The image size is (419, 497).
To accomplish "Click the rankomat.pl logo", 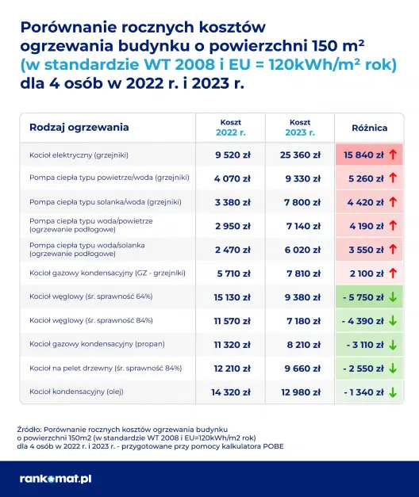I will pyautogui.click(x=56, y=478).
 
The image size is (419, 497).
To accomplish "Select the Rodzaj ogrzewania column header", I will pyautogui.click(x=79, y=127).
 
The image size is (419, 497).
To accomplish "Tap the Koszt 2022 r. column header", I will pyautogui.click(x=231, y=127).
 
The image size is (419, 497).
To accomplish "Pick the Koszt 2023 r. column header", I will pyautogui.click(x=300, y=127).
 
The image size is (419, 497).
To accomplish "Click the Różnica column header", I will pyautogui.click(x=370, y=127).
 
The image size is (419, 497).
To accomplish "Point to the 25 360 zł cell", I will pyautogui.click(x=301, y=155).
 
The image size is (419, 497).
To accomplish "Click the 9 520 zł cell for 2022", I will pyautogui.click(x=233, y=155).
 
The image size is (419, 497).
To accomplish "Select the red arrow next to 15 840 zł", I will pyautogui.click(x=394, y=155).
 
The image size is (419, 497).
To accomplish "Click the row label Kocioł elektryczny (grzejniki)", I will pyautogui.click(x=79, y=155).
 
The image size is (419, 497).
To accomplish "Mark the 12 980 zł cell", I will pyautogui.click(x=301, y=392).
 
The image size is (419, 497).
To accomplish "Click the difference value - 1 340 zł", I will pyautogui.click(x=363, y=392).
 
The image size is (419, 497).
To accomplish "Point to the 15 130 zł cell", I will pyautogui.click(x=233, y=297).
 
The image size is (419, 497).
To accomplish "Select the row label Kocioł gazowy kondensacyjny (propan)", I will pyautogui.click(x=92, y=344).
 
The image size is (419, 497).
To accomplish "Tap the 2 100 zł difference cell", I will pyautogui.click(x=365, y=273).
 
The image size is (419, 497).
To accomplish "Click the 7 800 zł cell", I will pyautogui.click(x=301, y=202).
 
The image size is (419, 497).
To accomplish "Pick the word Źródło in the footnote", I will pyautogui.click(x=29, y=428).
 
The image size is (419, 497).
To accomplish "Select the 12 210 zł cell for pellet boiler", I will pyautogui.click(x=233, y=368).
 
